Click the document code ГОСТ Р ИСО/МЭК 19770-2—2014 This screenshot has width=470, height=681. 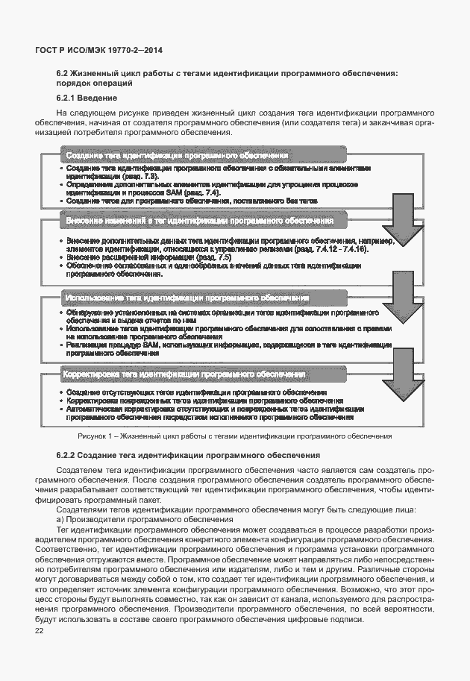point(98,50)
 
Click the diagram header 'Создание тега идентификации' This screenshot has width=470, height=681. point(177,155)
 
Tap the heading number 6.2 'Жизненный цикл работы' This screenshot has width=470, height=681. point(62,73)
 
